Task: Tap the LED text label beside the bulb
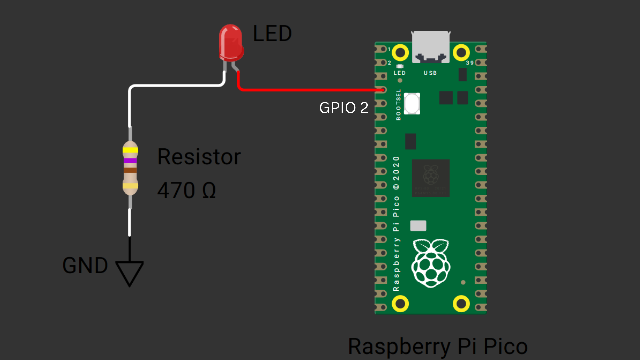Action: pos(272,34)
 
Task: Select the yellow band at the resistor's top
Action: pos(130,150)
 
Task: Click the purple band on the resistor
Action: pos(130,161)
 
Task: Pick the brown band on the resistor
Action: pos(130,170)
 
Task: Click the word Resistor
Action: pos(199,157)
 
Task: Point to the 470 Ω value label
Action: pos(186,190)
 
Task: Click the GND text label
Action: pos(85,266)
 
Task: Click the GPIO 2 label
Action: pos(344,108)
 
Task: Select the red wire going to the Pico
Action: pos(310,90)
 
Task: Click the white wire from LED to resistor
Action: pos(173,86)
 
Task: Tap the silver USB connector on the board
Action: pos(431,47)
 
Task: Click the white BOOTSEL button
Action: pos(412,104)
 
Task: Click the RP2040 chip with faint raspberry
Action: pos(431,178)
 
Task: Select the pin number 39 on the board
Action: pos(470,63)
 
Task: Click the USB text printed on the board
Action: pos(430,73)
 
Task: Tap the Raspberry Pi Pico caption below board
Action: pos(438,347)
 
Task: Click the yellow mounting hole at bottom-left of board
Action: pos(400,304)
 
